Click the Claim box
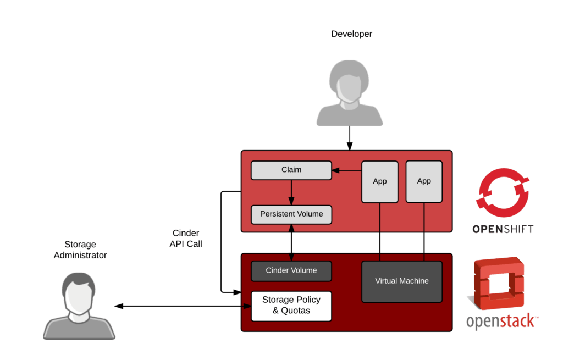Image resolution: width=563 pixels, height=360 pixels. click(291, 170)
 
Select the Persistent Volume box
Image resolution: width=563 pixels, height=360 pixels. click(291, 214)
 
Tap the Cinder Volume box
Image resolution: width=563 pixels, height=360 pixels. click(291, 271)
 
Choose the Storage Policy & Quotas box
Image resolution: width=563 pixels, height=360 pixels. click(291, 306)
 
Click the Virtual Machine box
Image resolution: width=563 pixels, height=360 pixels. click(402, 281)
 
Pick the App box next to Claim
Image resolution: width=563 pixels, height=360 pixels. click(379, 181)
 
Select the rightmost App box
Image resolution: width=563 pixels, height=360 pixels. click(424, 181)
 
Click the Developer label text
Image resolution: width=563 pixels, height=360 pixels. click(352, 34)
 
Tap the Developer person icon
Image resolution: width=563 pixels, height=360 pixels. click(350, 93)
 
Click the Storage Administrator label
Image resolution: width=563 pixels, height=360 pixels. click(80, 250)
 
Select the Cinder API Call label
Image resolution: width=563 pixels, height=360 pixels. click(185, 239)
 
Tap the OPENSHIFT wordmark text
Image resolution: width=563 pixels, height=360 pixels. click(503, 229)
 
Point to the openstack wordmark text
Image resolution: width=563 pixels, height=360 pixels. click(501, 322)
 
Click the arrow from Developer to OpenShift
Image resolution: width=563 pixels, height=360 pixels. click(350, 138)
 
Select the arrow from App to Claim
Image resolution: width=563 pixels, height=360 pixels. click(346, 171)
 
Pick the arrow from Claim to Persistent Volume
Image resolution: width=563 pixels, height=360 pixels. click(291, 192)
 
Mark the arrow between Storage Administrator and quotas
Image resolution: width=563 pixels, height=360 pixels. click(181, 306)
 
